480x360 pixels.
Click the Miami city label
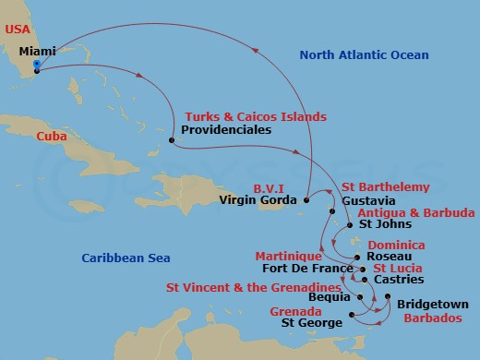tap(63, 52)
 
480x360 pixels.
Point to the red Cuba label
tap(52, 136)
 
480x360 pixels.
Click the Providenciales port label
tap(223, 131)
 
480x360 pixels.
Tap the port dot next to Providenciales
tap(171, 140)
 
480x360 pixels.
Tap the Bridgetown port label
tap(433, 304)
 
